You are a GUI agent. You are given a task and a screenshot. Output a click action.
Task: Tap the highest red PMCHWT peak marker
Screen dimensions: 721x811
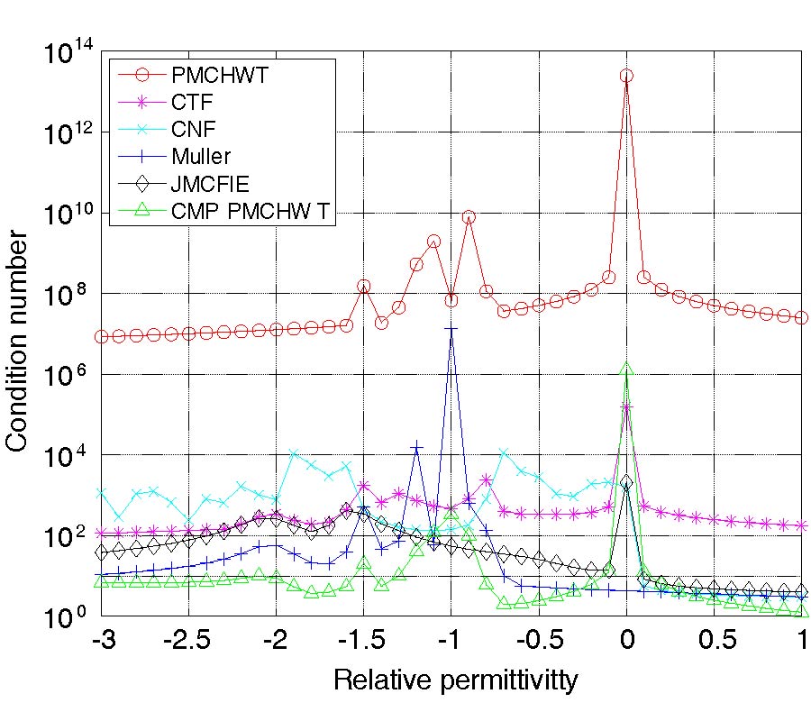tap(627, 76)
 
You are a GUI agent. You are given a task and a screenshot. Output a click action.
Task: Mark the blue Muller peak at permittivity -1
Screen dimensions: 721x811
tap(451, 330)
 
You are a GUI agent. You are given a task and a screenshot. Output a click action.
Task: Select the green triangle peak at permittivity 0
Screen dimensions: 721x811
tap(627, 369)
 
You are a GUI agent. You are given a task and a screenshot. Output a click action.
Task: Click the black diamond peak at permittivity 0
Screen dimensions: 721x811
tap(627, 482)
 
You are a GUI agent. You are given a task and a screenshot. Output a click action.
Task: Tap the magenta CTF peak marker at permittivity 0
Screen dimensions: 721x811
tap(627, 408)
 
